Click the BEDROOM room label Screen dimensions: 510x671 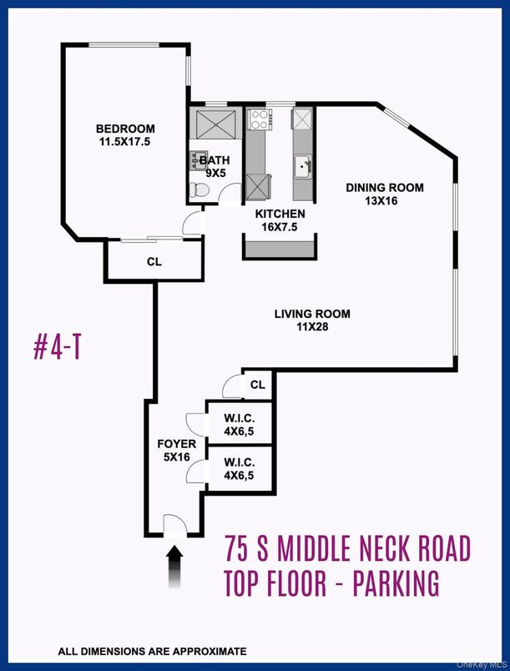click(125, 129)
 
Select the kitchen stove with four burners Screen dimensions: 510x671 click(259, 119)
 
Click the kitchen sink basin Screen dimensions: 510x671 click(303, 166)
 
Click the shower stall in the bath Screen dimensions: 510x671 click(215, 124)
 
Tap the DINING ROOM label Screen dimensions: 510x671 click(385, 188)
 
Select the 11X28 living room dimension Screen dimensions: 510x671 click(312, 327)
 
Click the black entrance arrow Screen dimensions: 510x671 click(174, 567)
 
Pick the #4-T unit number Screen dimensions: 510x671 click(57, 348)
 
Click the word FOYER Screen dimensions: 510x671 click(177, 444)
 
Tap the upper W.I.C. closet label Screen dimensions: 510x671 click(240, 417)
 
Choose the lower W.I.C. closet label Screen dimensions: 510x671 click(240, 462)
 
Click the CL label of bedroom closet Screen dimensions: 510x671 click(154, 262)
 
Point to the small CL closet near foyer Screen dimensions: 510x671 click(258, 385)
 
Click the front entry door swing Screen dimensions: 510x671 click(176, 524)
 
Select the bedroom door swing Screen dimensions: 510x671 click(192, 223)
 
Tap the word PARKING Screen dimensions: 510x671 click(396, 583)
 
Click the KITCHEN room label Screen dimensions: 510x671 click(280, 214)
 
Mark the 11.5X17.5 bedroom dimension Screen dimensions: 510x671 click(125, 142)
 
